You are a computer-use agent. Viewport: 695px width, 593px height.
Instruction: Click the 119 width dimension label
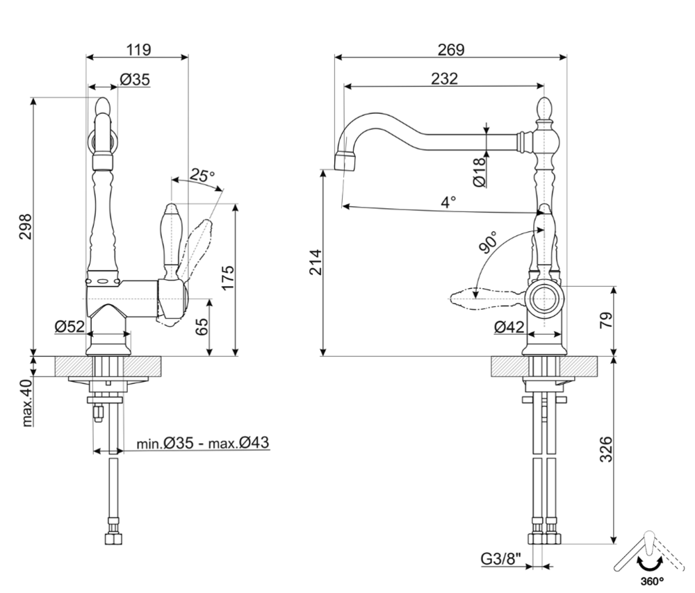pos(138,49)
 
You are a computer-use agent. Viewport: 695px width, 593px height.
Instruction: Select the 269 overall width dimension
pos(451,49)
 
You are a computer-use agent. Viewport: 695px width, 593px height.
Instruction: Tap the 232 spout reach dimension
pos(444,78)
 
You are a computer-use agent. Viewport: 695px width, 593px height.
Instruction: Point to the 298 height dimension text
pos(26,226)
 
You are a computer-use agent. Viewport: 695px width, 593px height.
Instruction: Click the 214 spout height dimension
pos(314,262)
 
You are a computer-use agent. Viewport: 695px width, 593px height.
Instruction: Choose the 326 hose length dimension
pos(605,450)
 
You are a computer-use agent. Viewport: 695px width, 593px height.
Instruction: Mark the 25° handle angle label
pos(202,176)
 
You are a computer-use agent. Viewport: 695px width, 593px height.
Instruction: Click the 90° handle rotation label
pos(489,242)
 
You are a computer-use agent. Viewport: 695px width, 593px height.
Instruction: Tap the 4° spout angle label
pos(448,202)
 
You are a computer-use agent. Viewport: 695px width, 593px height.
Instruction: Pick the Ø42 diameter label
pos(509,327)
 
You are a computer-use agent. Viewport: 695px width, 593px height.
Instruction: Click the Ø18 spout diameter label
pos(479,172)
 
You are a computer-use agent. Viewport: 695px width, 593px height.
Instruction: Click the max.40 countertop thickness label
pos(27,403)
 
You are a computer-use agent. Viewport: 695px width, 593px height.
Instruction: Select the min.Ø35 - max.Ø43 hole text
pos(202,443)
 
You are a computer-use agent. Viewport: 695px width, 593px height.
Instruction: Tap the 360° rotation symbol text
pos(651,581)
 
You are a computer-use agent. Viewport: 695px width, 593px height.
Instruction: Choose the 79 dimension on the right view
pos(605,321)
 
